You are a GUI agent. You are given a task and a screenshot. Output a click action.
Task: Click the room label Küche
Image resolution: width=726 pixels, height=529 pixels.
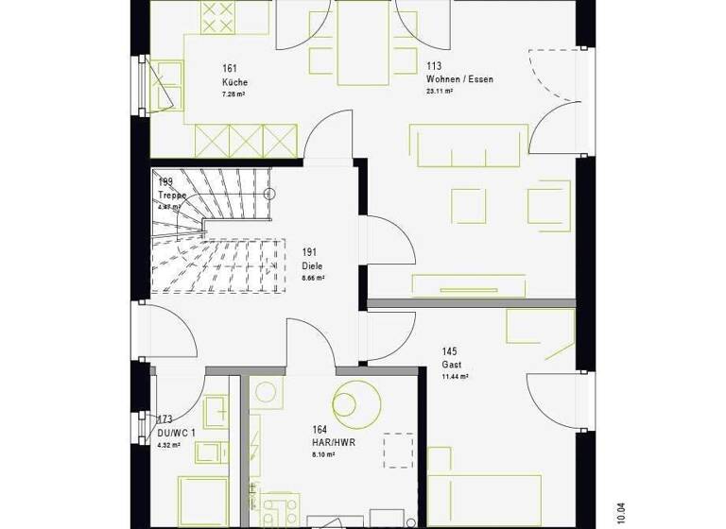click(234, 82)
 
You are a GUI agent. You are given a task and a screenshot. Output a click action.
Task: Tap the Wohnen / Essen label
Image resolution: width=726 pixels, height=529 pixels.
click(459, 79)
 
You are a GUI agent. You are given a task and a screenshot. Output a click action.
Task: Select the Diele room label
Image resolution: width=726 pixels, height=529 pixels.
click(312, 266)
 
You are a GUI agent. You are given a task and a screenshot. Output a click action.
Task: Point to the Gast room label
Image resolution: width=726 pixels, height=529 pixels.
click(450, 364)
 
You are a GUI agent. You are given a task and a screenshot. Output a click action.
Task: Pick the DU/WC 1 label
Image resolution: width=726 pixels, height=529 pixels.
click(177, 433)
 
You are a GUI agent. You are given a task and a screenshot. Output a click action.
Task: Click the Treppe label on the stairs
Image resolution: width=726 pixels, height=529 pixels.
click(173, 196)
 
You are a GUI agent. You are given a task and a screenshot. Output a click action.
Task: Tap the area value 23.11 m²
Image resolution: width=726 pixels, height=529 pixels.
click(441, 93)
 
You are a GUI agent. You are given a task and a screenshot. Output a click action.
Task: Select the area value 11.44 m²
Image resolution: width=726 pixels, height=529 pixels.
click(456, 376)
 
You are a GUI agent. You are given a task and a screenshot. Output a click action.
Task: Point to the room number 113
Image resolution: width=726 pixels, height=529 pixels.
click(434, 66)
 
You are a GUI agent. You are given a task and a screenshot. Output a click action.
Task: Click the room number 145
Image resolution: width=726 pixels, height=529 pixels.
click(449, 350)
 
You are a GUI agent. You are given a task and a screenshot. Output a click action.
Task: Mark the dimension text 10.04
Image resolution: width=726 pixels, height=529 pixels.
click(620, 512)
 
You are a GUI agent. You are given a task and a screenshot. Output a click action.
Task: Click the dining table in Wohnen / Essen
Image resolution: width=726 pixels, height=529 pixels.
click(363, 43)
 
